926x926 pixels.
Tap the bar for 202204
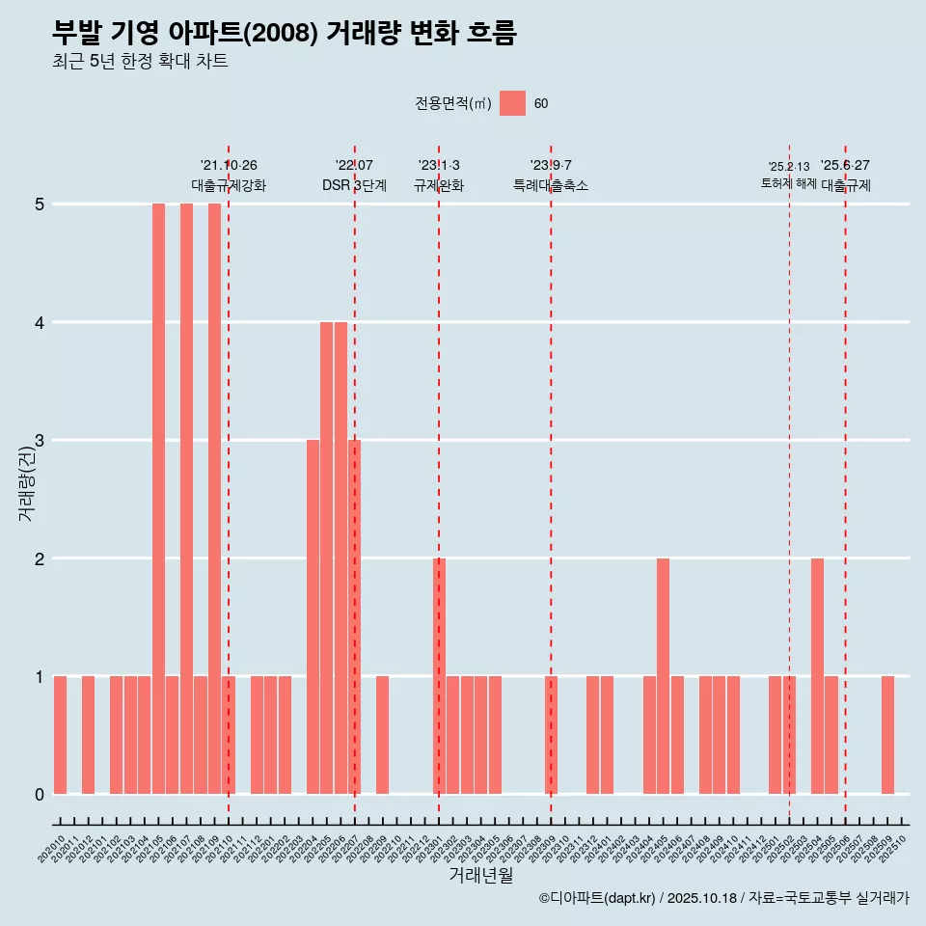(x=313, y=617)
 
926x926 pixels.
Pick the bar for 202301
(x=439, y=676)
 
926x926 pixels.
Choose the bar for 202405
(x=663, y=676)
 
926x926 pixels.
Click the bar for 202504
(x=817, y=676)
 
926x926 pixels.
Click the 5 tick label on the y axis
(x=40, y=204)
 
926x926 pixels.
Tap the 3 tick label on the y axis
(x=40, y=441)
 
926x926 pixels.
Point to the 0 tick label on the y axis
(x=40, y=795)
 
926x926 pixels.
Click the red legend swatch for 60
(x=512, y=104)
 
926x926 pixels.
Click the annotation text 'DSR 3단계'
(x=354, y=185)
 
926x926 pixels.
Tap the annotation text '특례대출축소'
(x=551, y=185)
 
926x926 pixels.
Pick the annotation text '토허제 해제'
(x=789, y=183)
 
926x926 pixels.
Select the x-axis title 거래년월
(x=480, y=875)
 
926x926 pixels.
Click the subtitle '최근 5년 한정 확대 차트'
(x=140, y=62)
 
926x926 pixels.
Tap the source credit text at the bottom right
(x=723, y=898)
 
